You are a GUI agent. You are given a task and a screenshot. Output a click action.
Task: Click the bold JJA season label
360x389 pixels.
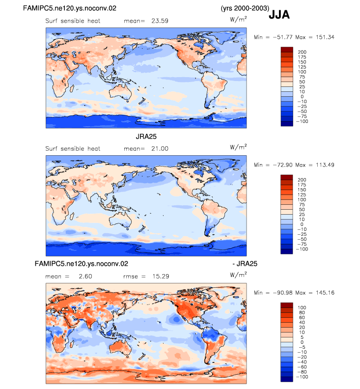(279, 15)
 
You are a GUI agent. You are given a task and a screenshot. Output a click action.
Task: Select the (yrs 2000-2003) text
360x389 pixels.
(245, 8)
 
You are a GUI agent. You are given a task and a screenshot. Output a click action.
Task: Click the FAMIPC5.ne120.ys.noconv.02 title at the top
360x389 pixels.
(69, 8)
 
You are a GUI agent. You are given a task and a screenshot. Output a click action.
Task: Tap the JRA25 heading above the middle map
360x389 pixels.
(146, 137)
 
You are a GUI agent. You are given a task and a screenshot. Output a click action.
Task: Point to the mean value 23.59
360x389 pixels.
(160, 21)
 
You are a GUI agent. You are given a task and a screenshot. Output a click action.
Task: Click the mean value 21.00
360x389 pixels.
(160, 149)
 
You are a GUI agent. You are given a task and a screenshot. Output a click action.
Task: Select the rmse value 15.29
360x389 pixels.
(161, 277)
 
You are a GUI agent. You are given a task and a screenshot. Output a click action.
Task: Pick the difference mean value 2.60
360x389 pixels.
(85, 277)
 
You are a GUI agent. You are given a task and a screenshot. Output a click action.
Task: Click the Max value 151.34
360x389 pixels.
(325, 37)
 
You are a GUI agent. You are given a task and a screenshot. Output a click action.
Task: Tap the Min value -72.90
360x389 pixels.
(282, 165)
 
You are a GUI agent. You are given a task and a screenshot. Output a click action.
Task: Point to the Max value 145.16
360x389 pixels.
(325, 293)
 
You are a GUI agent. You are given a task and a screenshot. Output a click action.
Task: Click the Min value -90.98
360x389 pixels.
(282, 293)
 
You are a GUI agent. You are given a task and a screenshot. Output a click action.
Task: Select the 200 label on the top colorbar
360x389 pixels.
(302, 52)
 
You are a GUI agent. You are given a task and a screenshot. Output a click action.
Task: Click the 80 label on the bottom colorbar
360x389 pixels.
(302, 312)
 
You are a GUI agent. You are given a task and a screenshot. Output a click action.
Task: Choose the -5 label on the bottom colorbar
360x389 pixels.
(302, 347)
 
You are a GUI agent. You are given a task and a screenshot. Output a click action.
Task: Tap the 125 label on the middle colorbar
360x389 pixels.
(302, 195)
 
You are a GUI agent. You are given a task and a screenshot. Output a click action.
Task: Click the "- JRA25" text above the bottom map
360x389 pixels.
(245, 264)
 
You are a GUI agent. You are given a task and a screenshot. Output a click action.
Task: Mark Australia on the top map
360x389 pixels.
(121, 92)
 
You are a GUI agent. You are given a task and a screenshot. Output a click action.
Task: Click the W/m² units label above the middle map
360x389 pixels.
(238, 147)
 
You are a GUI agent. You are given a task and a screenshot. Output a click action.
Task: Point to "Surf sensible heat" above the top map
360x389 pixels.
(73, 21)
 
